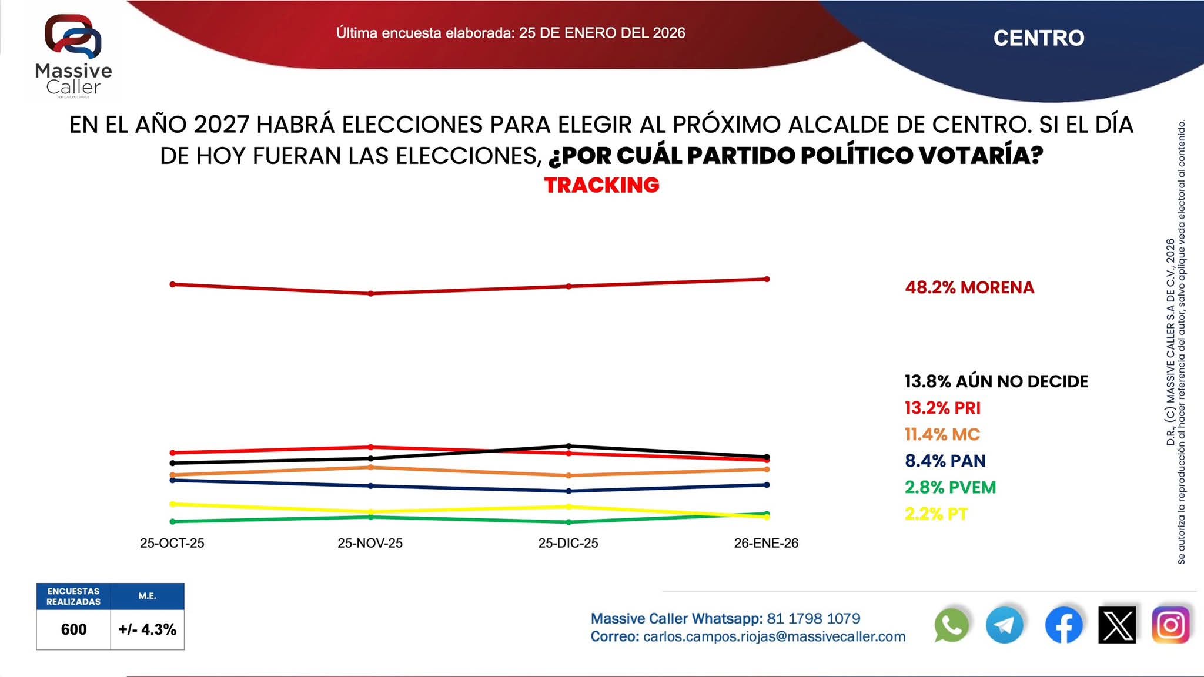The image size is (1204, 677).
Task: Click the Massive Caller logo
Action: click(x=73, y=56)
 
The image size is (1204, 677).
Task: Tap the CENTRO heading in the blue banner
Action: click(x=1038, y=38)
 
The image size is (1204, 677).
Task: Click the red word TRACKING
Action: click(x=601, y=185)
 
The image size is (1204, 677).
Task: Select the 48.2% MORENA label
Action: click(x=969, y=287)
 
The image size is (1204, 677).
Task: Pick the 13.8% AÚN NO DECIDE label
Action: click(x=996, y=381)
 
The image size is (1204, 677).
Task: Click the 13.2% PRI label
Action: click(x=942, y=408)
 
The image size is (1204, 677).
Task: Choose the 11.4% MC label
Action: click(x=942, y=434)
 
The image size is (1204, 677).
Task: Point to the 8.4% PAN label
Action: click(x=945, y=461)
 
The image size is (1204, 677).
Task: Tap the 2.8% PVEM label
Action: click(x=950, y=487)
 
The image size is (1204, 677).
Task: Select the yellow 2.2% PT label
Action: click(x=936, y=514)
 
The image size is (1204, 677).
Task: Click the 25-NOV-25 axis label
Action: click(x=370, y=543)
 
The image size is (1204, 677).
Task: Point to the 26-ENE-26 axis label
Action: click(x=766, y=543)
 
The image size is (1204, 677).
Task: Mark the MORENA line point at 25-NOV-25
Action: click(x=370, y=293)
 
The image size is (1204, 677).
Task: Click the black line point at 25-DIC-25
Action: click(x=568, y=446)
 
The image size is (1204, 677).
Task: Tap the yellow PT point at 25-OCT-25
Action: click(x=172, y=504)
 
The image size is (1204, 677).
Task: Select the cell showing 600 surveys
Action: click(x=73, y=629)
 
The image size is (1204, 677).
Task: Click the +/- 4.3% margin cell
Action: click(x=147, y=629)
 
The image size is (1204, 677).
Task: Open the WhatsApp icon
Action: click(x=951, y=625)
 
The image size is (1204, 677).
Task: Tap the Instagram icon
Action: click(x=1170, y=625)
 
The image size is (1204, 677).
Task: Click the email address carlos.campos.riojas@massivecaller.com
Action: click(x=774, y=636)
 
